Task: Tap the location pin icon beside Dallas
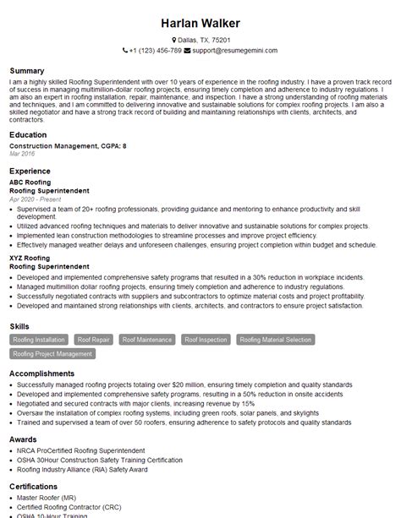click(x=174, y=40)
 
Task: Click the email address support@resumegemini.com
click(x=231, y=50)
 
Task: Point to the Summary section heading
click(x=27, y=70)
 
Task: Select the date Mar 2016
click(x=22, y=154)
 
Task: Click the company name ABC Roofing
click(x=30, y=182)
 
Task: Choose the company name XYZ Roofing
click(x=30, y=257)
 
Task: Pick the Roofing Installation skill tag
click(x=39, y=340)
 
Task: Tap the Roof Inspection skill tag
click(x=206, y=340)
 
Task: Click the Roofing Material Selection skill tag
click(x=275, y=340)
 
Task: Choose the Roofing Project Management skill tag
click(x=52, y=354)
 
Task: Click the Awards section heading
click(x=24, y=440)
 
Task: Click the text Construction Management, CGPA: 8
click(x=68, y=146)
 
